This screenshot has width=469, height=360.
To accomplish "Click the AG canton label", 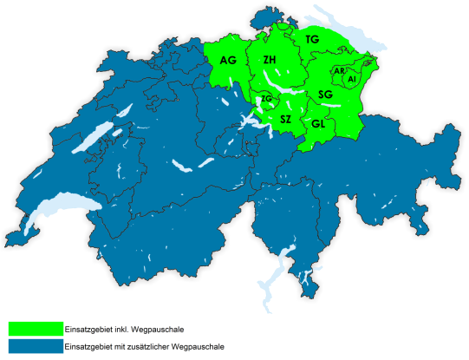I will (x=229, y=60).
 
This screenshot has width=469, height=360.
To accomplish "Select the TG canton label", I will (x=312, y=40).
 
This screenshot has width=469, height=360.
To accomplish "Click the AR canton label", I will (x=340, y=71).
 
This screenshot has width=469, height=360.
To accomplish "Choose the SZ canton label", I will (x=285, y=116).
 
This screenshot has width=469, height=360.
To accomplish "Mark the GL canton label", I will (x=318, y=124).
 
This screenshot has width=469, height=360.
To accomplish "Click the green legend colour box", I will (x=35, y=330).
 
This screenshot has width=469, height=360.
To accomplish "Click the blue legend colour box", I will (x=35, y=346).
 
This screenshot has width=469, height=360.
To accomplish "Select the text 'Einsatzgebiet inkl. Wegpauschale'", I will (x=124, y=330).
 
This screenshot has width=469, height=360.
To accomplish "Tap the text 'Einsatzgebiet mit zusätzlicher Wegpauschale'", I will (x=144, y=346).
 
